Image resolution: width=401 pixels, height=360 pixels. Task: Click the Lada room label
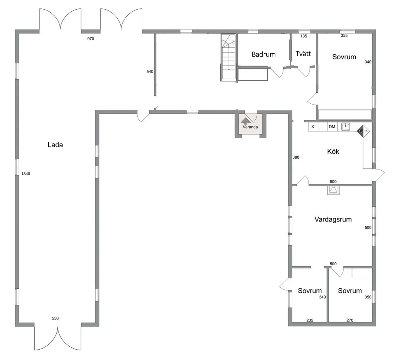[x=55, y=145]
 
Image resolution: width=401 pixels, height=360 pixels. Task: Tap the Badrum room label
[x=264, y=54]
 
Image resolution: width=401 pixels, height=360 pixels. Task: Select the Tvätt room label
[x=303, y=54]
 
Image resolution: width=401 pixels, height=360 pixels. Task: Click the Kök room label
[x=333, y=152]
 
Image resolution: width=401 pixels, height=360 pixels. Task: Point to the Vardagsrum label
[x=333, y=219]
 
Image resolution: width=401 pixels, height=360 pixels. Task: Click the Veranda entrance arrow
[x=245, y=121]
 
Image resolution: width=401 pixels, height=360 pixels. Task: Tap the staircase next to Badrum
[x=228, y=58]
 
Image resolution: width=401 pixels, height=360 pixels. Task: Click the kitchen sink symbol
[x=346, y=126]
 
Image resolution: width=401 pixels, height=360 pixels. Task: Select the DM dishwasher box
[x=332, y=127]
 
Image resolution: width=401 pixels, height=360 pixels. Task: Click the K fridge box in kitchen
[x=313, y=127]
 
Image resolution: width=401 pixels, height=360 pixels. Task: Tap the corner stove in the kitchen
[x=362, y=131]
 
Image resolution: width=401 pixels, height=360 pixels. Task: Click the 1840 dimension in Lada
[x=26, y=174]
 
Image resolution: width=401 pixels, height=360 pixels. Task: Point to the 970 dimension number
[x=91, y=39]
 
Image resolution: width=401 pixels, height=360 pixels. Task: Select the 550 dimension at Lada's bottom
[x=55, y=318]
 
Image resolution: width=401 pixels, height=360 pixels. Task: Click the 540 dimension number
[x=150, y=72]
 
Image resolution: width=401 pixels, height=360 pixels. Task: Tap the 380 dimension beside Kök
[x=296, y=157]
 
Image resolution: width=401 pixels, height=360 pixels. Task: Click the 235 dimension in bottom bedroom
[x=310, y=320]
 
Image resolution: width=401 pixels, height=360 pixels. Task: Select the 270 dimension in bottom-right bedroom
[x=350, y=320]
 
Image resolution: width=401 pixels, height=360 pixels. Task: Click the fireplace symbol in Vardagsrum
[x=333, y=190]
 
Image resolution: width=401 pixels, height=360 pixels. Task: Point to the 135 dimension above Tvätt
[x=304, y=36]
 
